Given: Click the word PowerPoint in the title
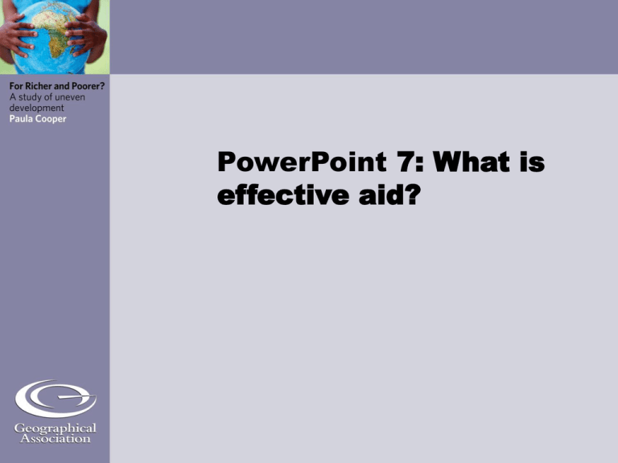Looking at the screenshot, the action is [302, 162].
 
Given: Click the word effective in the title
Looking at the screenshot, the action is [283, 194].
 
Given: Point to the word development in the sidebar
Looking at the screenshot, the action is [37, 109].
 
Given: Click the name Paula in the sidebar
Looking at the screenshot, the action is [21, 118].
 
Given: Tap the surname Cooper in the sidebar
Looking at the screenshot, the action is [51, 119].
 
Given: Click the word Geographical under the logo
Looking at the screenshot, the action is [56, 428].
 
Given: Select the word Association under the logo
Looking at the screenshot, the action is [56, 439].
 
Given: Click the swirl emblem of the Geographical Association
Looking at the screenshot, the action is [56, 399].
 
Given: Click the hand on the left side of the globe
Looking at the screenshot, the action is [18, 35].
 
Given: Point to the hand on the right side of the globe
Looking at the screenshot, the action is [87, 35].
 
